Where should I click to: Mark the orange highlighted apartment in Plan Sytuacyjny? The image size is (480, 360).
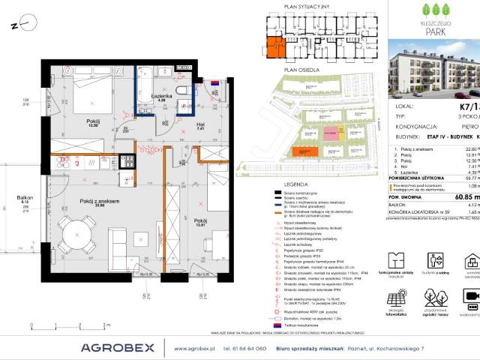273,47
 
